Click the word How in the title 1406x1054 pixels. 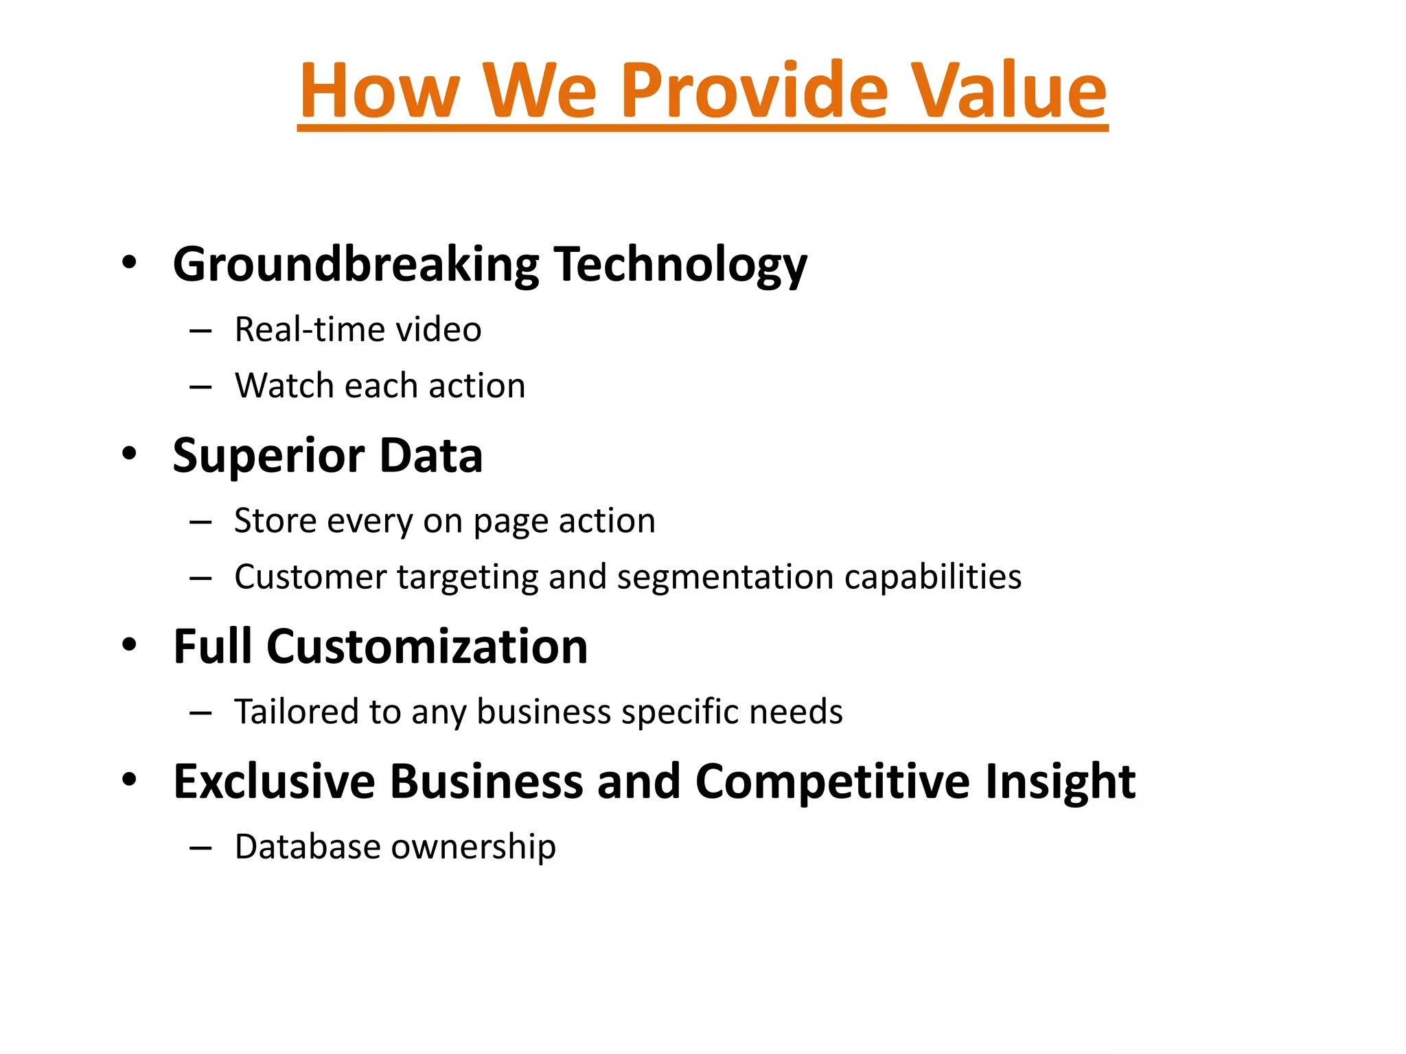[380, 91]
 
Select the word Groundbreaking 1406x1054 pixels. [356, 265]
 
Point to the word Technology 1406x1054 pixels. [680, 265]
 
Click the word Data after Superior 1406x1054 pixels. [430, 456]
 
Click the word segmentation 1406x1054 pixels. [725, 576]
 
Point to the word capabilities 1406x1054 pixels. [932, 576]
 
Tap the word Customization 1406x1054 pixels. [426, 646]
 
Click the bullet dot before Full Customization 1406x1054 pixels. [129, 645]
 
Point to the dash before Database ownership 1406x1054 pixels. [200, 848]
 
